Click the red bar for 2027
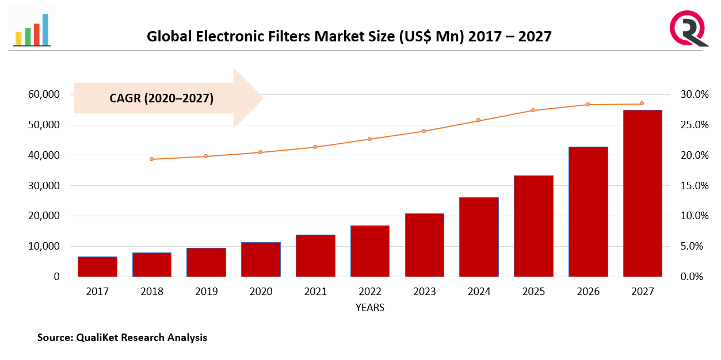pyautogui.click(x=642, y=193)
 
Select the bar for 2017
pyautogui.click(x=98, y=267)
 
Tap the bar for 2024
pyautogui.click(x=479, y=237)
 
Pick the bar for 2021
pyautogui.click(x=315, y=256)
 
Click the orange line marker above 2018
pyautogui.click(x=152, y=159)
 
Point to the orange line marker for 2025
pyautogui.click(x=533, y=110)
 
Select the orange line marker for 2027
pyautogui.click(x=642, y=104)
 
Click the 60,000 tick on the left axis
pyautogui.click(x=43, y=94)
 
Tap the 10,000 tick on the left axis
pyautogui.click(x=43, y=246)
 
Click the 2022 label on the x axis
pyautogui.click(x=370, y=292)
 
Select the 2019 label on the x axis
pyautogui.click(x=207, y=292)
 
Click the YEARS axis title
pyautogui.click(x=369, y=308)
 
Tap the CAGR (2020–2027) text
pyautogui.click(x=161, y=98)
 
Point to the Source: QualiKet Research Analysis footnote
pyautogui.click(x=122, y=338)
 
